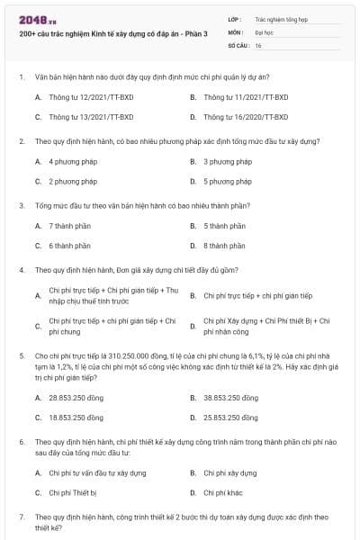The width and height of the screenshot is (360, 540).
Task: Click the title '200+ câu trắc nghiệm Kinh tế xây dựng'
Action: click(112, 32)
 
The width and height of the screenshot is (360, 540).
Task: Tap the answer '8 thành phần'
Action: click(224, 246)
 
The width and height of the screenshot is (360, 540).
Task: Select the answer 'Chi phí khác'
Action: click(222, 492)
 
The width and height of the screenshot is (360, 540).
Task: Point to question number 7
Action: click(21, 517)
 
